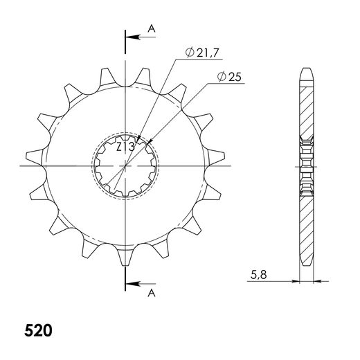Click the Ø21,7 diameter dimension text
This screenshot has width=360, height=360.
coord(201,53)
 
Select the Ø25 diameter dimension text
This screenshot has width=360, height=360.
coord(229,77)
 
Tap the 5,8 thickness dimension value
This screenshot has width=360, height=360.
coord(259,275)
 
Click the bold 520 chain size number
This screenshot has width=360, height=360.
coord(38,330)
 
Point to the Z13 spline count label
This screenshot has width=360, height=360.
coord(125,147)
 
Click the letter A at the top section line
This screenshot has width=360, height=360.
coord(152,28)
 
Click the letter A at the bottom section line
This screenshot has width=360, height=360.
coord(152,293)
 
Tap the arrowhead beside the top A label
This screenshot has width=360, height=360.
coord(133,37)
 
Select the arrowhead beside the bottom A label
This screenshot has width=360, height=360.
coord(133,284)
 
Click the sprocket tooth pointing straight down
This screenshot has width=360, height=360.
coord(125,256)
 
